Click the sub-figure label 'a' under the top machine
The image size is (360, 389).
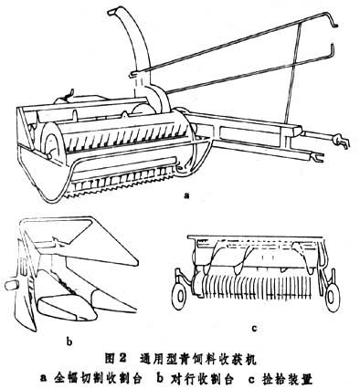[186, 195]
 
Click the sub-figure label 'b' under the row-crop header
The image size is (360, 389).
[69, 342]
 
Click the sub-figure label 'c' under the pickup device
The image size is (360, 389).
[255, 328]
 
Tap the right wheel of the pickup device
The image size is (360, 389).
[331, 297]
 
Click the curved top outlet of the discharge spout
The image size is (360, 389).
[114, 12]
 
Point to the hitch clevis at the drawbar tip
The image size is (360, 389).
[342, 141]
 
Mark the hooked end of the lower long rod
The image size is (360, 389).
[334, 53]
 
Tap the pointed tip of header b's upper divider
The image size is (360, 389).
[136, 262]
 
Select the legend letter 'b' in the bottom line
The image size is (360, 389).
[161, 379]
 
